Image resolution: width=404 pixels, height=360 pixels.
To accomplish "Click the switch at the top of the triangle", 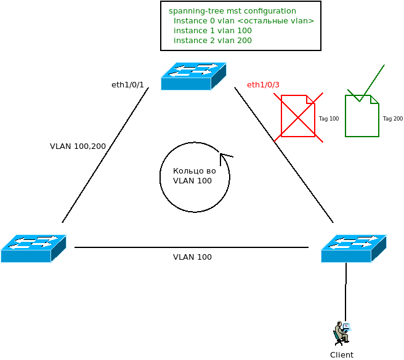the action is [193, 76].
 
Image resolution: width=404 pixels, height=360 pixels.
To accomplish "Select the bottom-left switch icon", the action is [33, 249].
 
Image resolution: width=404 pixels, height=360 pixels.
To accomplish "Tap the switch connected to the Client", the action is [353, 249].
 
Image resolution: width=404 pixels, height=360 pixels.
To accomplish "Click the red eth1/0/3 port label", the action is [263, 85].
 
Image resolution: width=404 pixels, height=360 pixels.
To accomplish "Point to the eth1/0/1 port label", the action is [127, 85].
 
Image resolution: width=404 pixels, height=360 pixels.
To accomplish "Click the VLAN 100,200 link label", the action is [78, 146].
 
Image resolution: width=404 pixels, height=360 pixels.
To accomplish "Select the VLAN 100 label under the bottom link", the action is [192, 257].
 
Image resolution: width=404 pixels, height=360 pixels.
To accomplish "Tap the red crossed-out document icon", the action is [298, 118].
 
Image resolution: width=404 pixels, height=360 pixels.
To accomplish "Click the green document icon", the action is [362, 116].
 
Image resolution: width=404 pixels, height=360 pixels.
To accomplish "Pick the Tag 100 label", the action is [329, 119].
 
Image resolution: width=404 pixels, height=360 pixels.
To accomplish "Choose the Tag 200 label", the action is [393, 119].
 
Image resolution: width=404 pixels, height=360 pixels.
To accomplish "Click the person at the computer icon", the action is [342, 334].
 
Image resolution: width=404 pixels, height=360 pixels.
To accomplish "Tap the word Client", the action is [342, 354].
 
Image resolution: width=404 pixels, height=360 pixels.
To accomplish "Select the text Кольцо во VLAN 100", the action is [194, 176].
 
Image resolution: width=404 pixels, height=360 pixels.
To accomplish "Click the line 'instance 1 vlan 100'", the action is [212, 31].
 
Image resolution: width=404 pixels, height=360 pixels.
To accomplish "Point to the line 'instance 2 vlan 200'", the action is [212, 41].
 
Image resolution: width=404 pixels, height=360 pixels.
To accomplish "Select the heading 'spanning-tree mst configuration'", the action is [232, 11].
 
